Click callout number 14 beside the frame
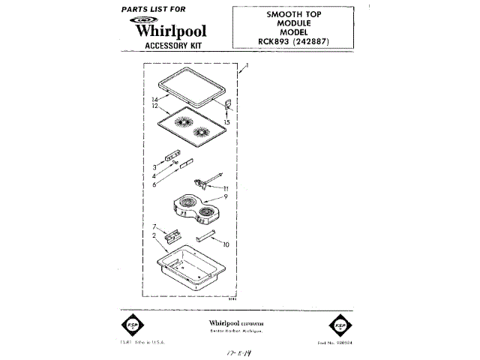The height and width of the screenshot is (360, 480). (x=154, y=99)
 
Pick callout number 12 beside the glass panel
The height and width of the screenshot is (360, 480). (x=154, y=106)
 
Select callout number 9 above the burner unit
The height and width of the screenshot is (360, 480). (x=224, y=196)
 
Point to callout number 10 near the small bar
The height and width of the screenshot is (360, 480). (x=226, y=244)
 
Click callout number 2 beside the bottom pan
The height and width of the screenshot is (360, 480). (x=154, y=235)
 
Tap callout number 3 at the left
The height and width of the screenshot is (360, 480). (x=154, y=166)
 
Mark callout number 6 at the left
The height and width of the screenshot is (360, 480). (x=154, y=184)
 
